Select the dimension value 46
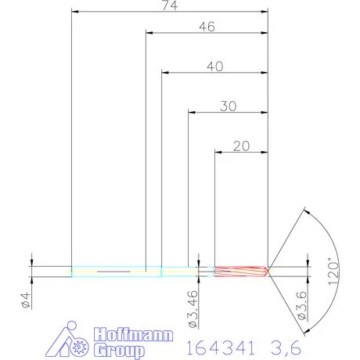pyautogui.click(x=207, y=26)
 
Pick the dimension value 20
pyautogui.click(x=242, y=147)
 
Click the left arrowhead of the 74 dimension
pyautogui.click(x=74, y=12)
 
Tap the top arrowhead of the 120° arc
pyautogui.click(x=305, y=211)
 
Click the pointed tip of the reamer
pyautogui.click(x=268, y=272)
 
